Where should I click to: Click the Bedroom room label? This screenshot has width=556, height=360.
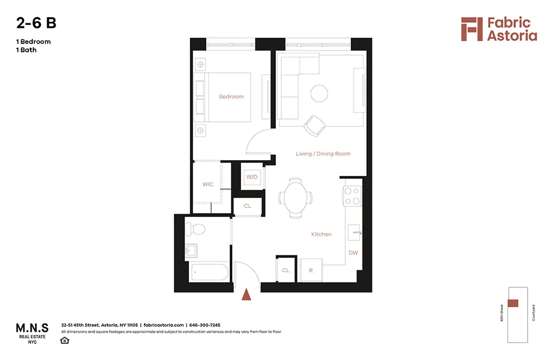click(x=231, y=97)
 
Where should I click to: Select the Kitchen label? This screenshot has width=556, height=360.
click(x=321, y=234)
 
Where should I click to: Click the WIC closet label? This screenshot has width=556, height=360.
click(x=208, y=184)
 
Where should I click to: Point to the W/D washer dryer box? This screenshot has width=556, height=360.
click(x=252, y=177)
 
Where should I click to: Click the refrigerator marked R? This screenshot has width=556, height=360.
click(x=311, y=270)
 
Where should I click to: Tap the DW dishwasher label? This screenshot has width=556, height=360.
click(x=353, y=253)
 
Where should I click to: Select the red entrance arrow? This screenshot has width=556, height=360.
click(x=247, y=294)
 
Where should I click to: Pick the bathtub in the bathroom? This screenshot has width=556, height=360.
click(x=209, y=273)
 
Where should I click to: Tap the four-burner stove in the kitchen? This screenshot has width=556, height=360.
click(x=352, y=196)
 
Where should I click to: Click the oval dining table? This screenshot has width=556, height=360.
click(x=295, y=198)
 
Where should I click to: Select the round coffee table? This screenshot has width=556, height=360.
click(x=319, y=93)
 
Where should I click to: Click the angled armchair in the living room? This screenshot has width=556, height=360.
click(x=315, y=125)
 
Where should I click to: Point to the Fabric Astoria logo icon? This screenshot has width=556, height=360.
click(x=471, y=29)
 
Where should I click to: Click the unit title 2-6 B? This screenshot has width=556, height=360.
click(x=36, y=23)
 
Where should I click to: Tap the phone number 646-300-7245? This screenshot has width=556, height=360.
click(x=205, y=325)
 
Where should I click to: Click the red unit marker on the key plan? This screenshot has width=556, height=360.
click(x=513, y=303)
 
